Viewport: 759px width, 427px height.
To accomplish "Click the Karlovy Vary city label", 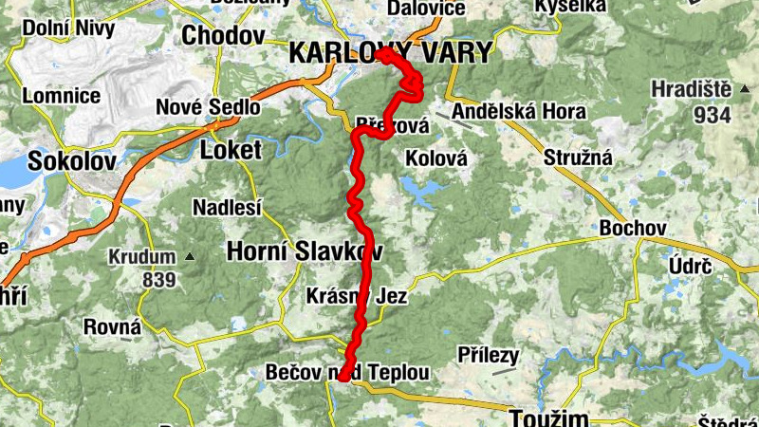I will [391, 53].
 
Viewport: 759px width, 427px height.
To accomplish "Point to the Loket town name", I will [228, 149].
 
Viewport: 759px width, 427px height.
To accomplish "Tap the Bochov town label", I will [633, 229].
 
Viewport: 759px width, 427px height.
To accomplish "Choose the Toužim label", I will [548, 417].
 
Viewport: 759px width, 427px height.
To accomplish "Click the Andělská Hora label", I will [518, 113].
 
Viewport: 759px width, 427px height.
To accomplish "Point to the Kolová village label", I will [436, 158].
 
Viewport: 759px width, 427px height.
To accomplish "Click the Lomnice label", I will [62, 96].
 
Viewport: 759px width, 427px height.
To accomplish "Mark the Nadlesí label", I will [227, 207].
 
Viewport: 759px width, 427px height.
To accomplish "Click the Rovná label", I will [112, 327].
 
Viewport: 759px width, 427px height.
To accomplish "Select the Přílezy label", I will [488, 355].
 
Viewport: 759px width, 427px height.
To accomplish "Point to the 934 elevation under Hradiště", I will [713, 115].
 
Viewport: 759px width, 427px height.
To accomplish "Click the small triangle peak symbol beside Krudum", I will [190, 256].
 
